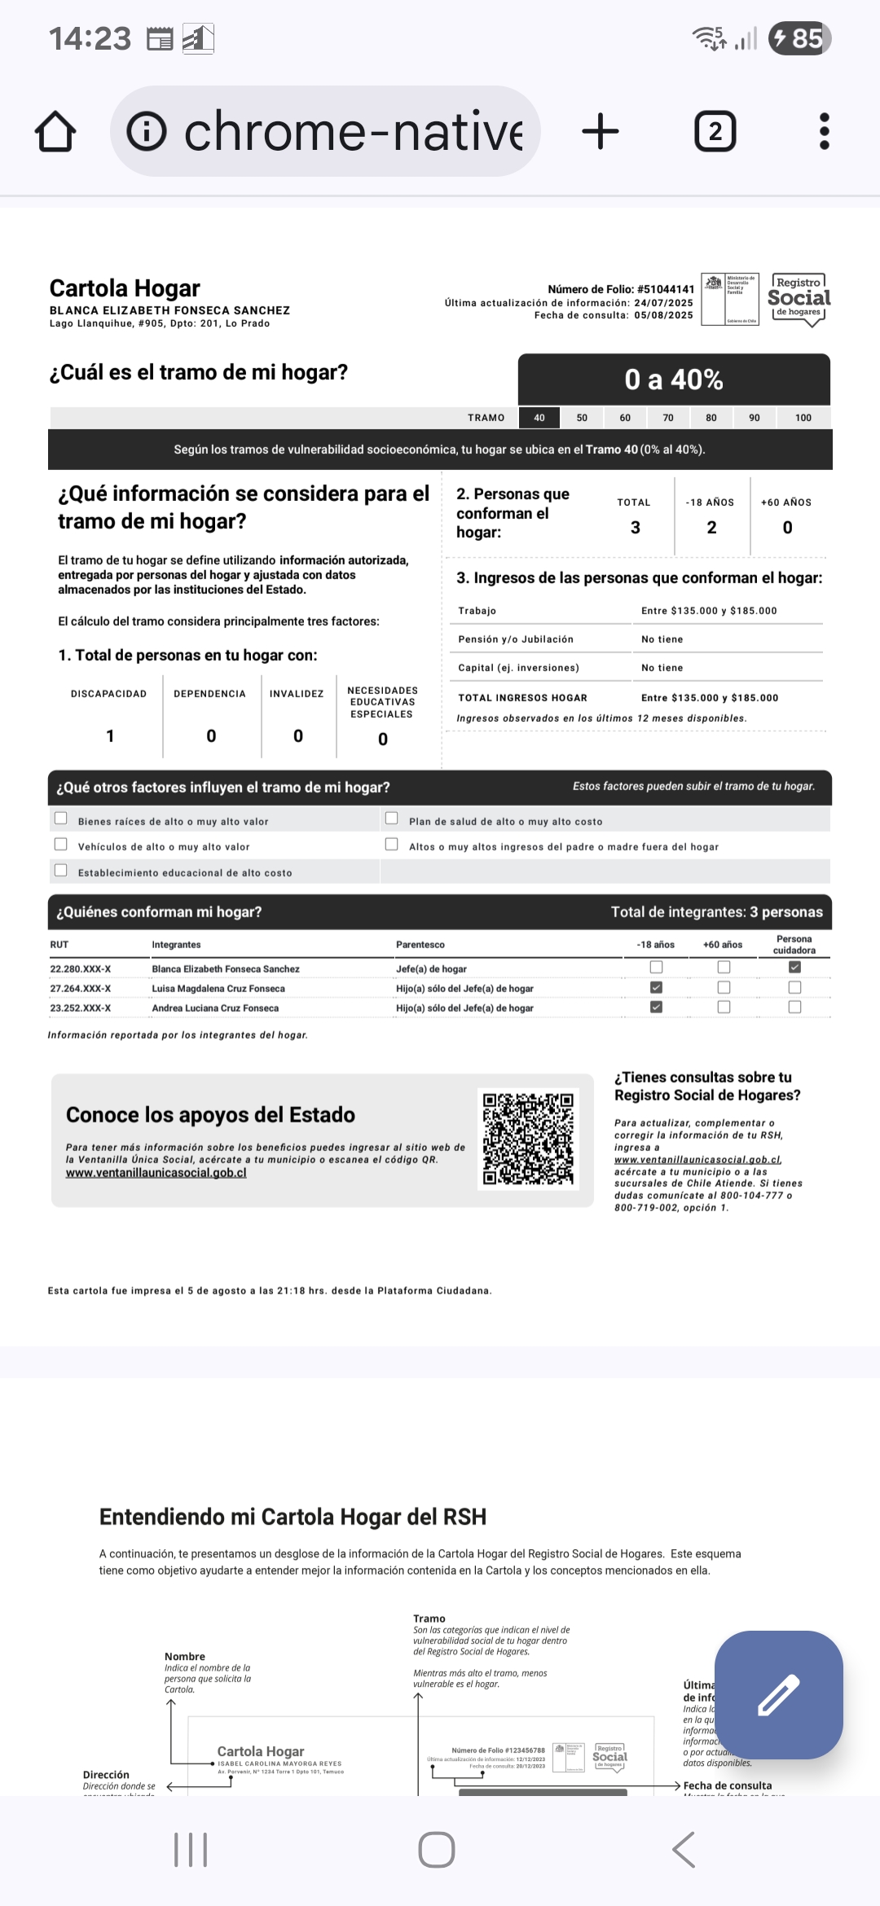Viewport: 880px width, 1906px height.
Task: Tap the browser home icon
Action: pos(55,132)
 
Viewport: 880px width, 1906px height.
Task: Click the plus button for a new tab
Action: pos(601,131)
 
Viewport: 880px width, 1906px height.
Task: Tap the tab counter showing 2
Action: pos(715,132)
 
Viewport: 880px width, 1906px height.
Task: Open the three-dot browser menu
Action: pos(824,131)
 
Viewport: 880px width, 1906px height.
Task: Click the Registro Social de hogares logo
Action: pos(799,299)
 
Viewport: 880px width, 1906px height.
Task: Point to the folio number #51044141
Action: pos(665,289)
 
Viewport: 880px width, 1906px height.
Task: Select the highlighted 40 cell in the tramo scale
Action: pos(539,418)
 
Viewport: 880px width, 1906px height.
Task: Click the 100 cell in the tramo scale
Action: pos(803,418)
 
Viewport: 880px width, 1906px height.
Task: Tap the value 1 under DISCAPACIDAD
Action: pos(110,736)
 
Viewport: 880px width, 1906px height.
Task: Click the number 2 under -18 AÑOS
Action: pos(711,528)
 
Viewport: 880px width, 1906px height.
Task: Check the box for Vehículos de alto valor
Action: pos(61,845)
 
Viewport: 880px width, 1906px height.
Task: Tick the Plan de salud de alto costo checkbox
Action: pos(392,819)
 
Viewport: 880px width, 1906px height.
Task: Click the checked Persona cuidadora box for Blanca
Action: pos(794,968)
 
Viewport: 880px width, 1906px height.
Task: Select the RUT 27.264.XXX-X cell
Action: pos(81,989)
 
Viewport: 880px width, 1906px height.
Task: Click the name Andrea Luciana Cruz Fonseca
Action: pos(215,1008)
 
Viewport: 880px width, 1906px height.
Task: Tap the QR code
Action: pos(528,1139)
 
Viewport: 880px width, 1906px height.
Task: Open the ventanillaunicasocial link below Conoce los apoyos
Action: pos(156,1173)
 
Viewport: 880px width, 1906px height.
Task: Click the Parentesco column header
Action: pos(420,945)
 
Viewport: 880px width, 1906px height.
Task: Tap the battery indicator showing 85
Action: pos(799,38)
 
